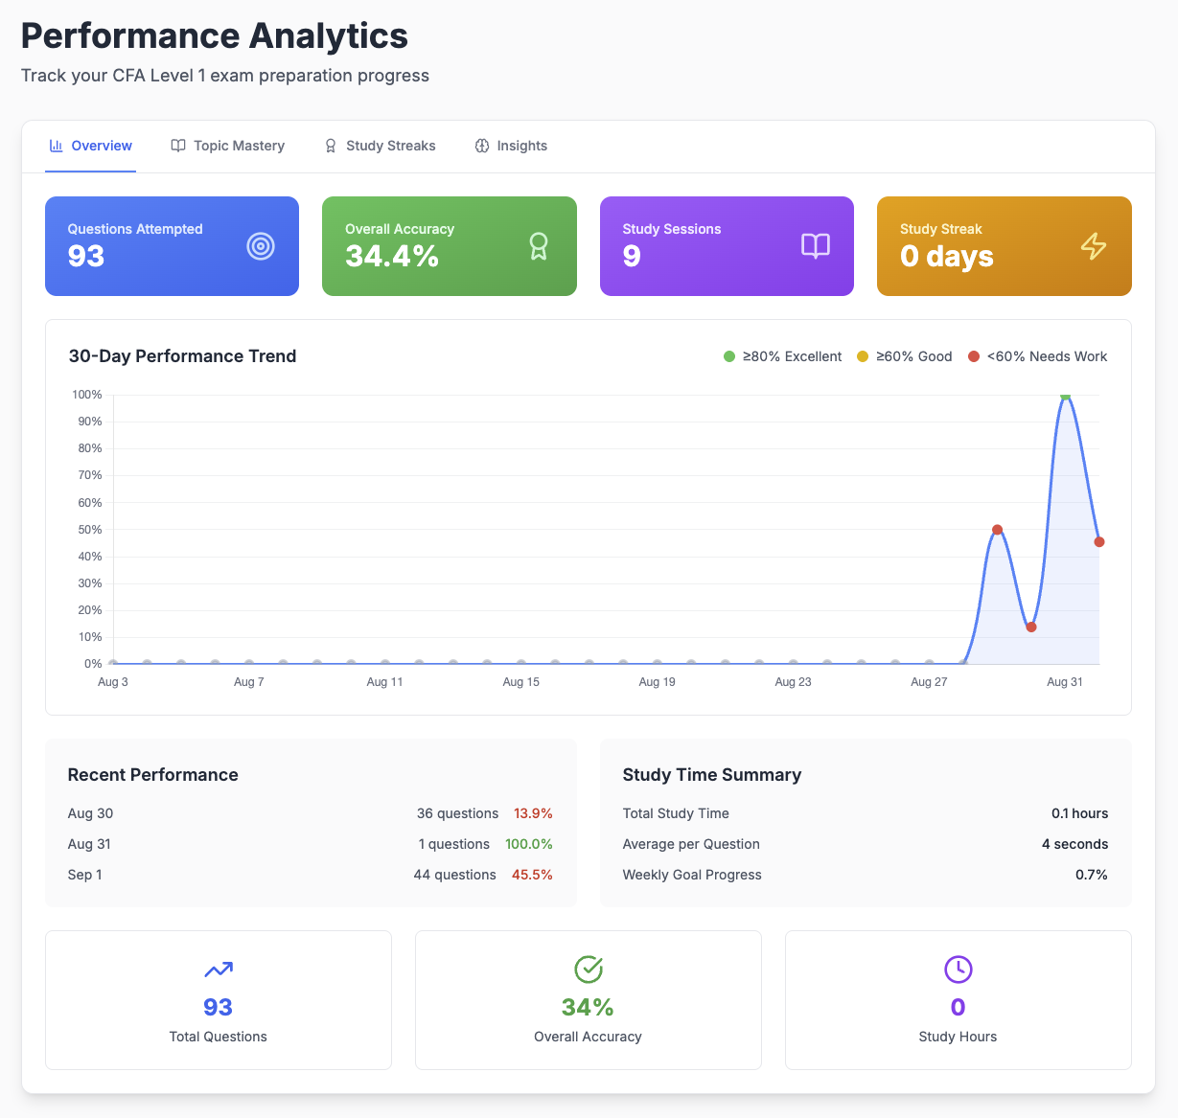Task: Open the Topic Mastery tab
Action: pyautogui.click(x=228, y=146)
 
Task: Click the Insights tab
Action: pyautogui.click(x=511, y=146)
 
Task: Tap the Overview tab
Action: pyautogui.click(x=90, y=146)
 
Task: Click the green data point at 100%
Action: pyautogui.click(x=1065, y=396)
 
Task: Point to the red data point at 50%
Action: pyautogui.click(x=997, y=530)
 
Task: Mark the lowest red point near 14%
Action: pyautogui.click(x=1031, y=627)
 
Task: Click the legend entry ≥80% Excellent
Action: pyautogui.click(x=783, y=356)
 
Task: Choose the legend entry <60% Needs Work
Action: pyautogui.click(x=1038, y=356)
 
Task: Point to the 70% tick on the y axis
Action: pyautogui.click(x=90, y=475)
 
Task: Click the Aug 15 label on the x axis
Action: pyautogui.click(x=520, y=682)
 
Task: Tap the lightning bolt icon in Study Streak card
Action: pyautogui.click(x=1094, y=246)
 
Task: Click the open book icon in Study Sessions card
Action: pyautogui.click(x=816, y=246)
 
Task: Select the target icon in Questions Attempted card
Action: pyautogui.click(x=261, y=246)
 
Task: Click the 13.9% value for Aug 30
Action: pyautogui.click(x=533, y=813)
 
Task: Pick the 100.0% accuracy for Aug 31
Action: pyautogui.click(x=529, y=844)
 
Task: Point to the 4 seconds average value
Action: pyautogui.click(x=1074, y=844)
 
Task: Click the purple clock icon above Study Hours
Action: pyautogui.click(x=958, y=970)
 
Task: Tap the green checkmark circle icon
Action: pyautogui.click(x=588, y=970)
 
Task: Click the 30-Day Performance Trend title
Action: pyautogui.click(x=182, y=356)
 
